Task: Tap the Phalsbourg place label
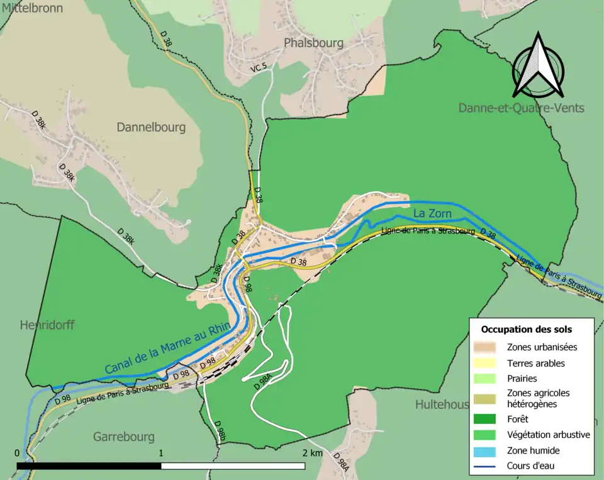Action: (x=313, y=43)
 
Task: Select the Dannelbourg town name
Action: (x=151, y=127)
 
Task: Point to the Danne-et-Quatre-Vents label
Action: (x=521, y=108)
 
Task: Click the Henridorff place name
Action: (x=47, y=325)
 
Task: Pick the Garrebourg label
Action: (x=124, y=437)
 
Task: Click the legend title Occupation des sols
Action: (x=527, y=330)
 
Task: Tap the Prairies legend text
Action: (x=522, y=379)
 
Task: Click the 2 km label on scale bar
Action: (x=312, y=454)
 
